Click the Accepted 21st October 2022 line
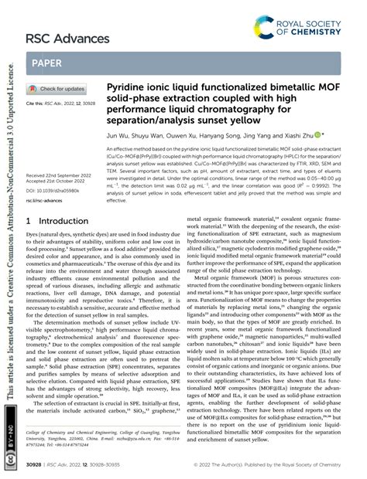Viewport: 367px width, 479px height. coord(57,182)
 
